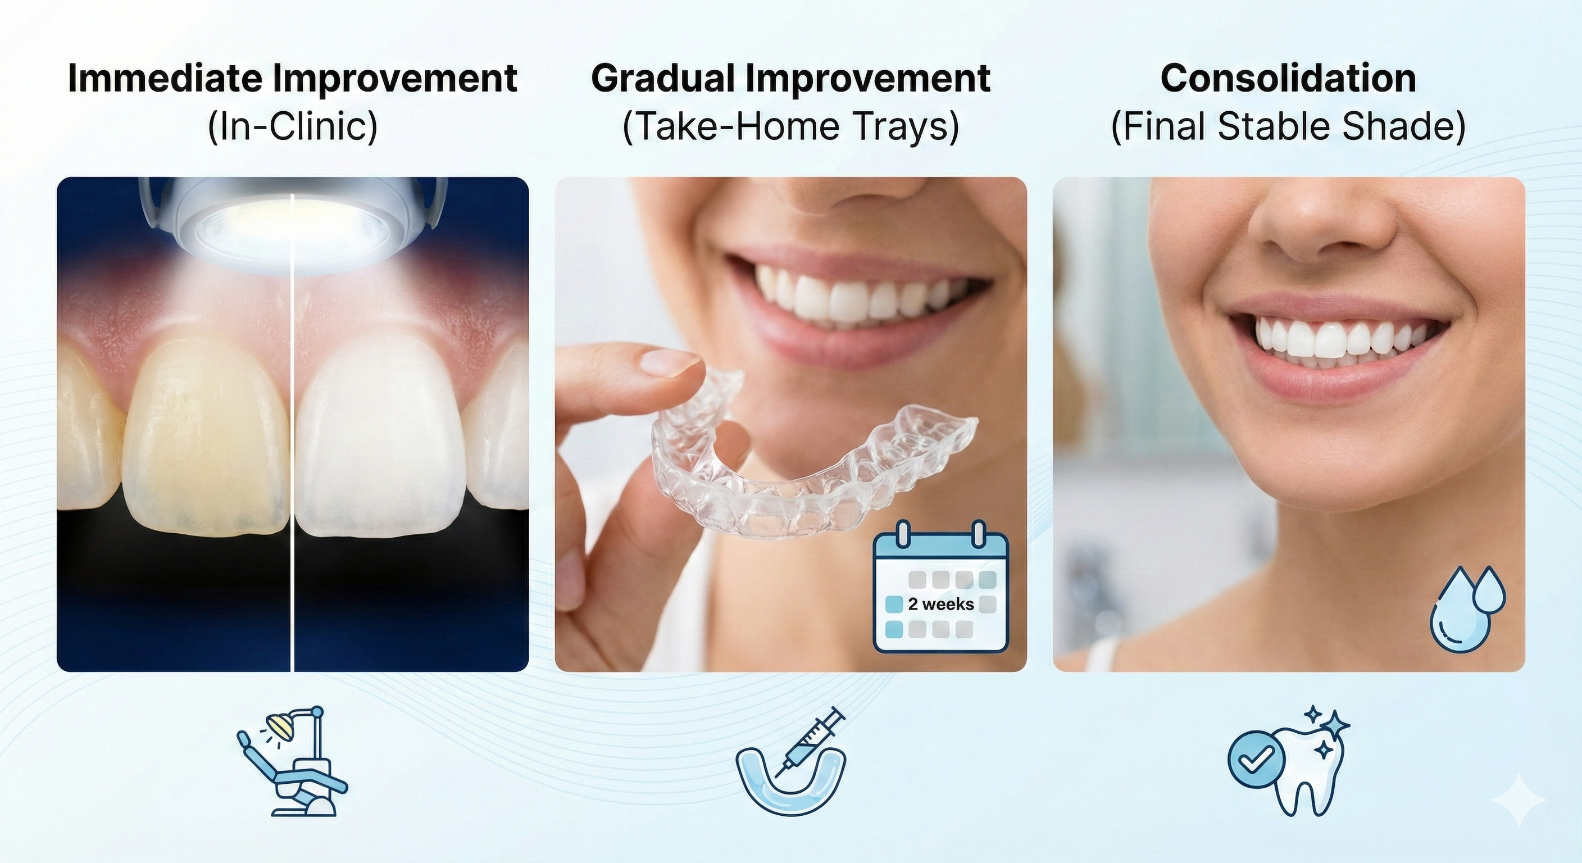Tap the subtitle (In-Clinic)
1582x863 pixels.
pyautogui.click(x=292, y=127)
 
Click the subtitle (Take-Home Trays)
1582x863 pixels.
pyautogui.click(x=791, y=127)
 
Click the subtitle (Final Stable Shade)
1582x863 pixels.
pyautogui.click(x=1288, y=127)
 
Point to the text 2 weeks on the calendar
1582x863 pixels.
pyautogui.click(x=941, y=605)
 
